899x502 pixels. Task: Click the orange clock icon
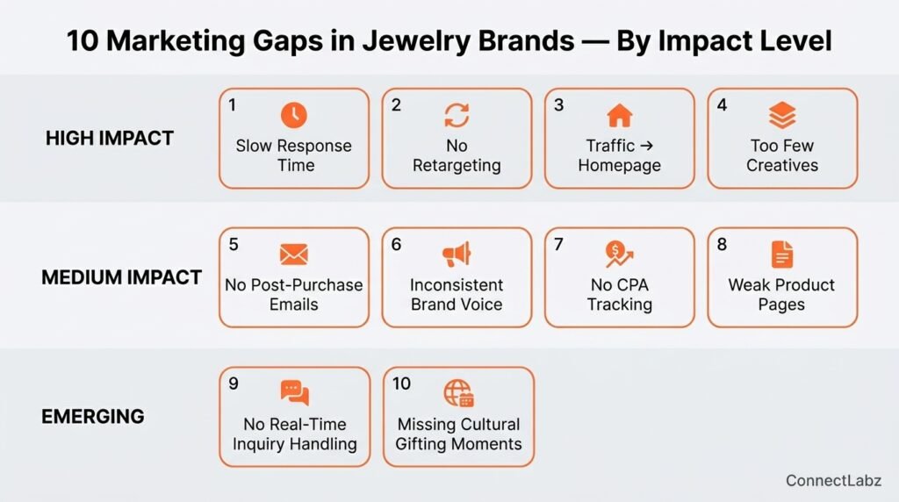click(x=293, y=115)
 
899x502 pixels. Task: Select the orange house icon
click(x=619, y=115)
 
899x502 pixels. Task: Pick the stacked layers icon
click(x=782, y=115)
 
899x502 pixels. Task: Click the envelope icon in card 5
click(x=293, y=255)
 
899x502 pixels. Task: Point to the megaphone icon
click(x=457, y=255)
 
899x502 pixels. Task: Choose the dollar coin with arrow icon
click(x=619, y=255)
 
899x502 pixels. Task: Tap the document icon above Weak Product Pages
click(x=782, y=255)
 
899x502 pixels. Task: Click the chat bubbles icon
click(x=295, y=393)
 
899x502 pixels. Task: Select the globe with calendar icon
click(x=458, y=393)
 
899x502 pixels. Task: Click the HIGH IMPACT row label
click(x=110, y=138)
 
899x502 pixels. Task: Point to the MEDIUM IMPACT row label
click(x=121, y=277)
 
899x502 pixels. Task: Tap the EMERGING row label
click(x=93, y=417)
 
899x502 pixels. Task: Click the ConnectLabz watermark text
click(x=833, y=480)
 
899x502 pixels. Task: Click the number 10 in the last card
click(x=401, y=384)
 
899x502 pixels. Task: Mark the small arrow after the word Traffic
click(x=646, y=146)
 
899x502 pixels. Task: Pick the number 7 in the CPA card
click(x=558, y=244)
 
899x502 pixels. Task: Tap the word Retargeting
click(x=457, y=166)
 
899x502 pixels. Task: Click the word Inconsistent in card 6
click(x=457, y=285)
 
